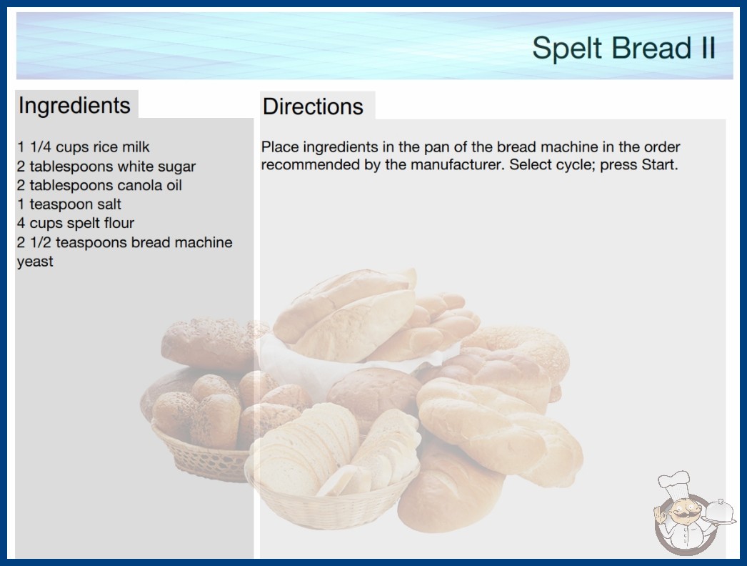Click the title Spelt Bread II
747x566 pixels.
pos(623,48)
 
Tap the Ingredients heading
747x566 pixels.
pos(74,106)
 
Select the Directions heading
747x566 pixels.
pos(313,106)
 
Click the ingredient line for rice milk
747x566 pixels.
pos(84,147)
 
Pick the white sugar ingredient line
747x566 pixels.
pos(106,167)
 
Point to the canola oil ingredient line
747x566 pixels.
pos(99,185)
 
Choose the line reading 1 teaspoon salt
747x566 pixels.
pos(69,204)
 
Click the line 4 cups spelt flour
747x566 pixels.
pos(76,223)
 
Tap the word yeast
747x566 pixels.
pos(35,262)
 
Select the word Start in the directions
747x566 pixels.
pos(659,165)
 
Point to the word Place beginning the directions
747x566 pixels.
pos(280,147)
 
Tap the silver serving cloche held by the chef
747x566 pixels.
pos(719,512)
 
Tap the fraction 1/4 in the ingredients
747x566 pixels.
pos(41,147)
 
